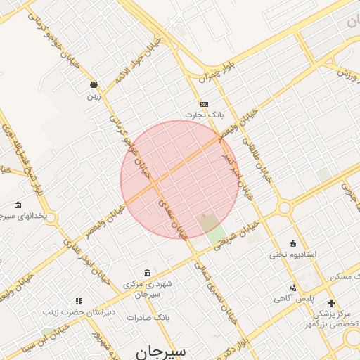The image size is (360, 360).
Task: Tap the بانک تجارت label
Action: (x=203, y=115)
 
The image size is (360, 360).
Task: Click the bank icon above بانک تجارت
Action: (x=204, y=104)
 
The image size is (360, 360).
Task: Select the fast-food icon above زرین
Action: (x=94, y=85)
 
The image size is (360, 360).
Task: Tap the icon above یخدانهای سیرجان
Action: (x=18, y=205)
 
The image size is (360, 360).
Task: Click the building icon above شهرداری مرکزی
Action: (x=147, y=273)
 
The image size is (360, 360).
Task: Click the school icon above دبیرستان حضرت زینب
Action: (x=79, y=301)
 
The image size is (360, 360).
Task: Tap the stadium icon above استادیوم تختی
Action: (x=293, y=243)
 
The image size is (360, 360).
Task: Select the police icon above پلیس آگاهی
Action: (x=293, y=287)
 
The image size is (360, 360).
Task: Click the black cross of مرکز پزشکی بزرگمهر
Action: (x=331, y=302)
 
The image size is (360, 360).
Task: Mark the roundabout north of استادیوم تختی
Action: (x=285, y=208)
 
